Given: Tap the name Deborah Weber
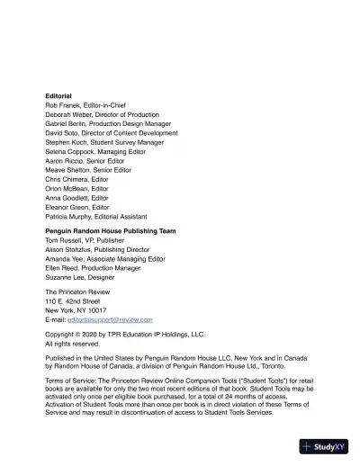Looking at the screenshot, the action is pyautogui.click(x=68, y=115).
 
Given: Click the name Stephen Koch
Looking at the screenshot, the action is pyautogui.click(x=66, y=142).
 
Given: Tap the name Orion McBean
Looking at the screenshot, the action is pyautogui.click(x=66, y=189).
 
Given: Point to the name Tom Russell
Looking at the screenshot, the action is pyautogui.click(x=63, y=241).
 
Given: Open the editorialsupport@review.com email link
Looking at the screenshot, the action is pyautogui.click(x=110, y=319).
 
